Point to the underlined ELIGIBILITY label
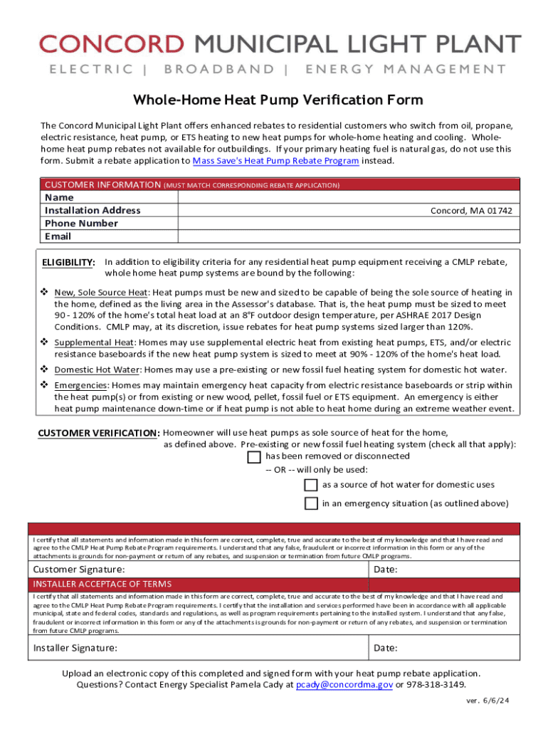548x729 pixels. [x=68, y=262]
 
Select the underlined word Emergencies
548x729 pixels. [x=81, y=384]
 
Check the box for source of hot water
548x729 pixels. [x=311, y=485]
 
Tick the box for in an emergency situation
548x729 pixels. [x=311, y=503]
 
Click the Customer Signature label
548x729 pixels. [x=79, y=570]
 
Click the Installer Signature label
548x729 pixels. [x=75, y=648]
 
